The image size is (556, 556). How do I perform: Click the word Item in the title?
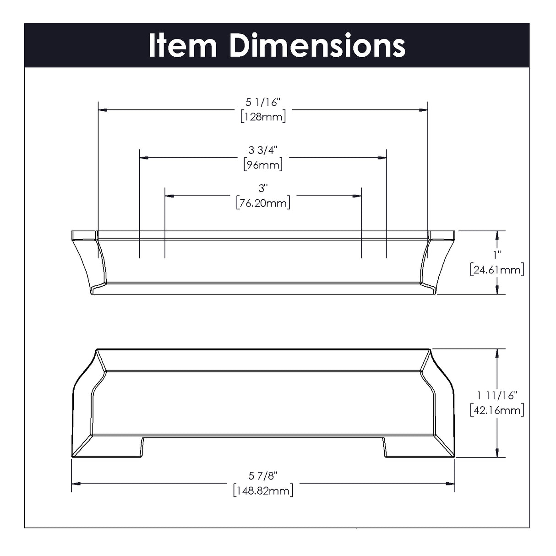tap(183, 46)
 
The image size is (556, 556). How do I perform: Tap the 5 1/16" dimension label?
tap(263, 103)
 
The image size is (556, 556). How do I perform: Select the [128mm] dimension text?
tap(263, 117)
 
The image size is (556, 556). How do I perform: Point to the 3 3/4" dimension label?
tap(263, 150)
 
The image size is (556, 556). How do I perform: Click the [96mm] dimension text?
tap(263, 165)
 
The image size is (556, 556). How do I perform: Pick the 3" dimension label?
tap(263, 188)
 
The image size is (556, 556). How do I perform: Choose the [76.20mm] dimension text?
tap(263, 203)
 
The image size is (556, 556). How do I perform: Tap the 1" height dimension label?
tap(497, 255)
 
